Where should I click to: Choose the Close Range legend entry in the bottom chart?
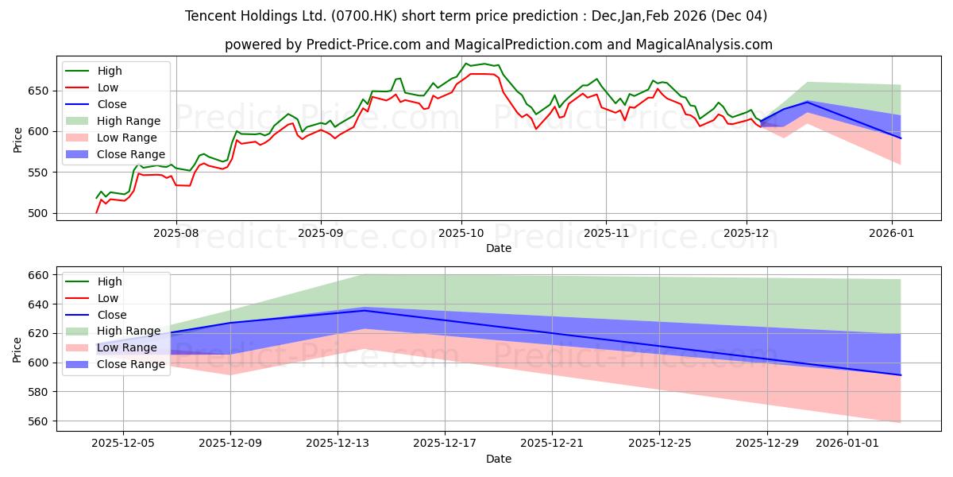(131, 364)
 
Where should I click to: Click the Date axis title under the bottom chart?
(498, 459)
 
